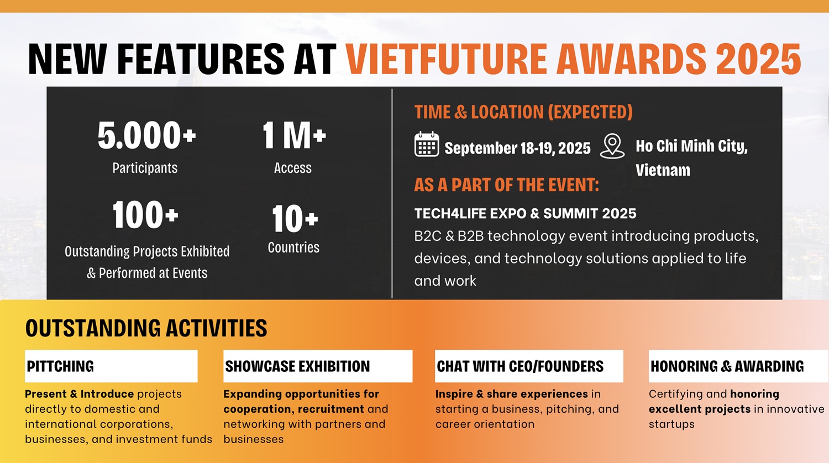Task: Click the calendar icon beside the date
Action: [x=427, y=144]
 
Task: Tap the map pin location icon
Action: [x=612, y=146]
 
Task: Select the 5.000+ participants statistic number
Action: [x=146, y=135]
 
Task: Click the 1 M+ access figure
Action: [x=294, y=135]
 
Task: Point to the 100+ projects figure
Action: [x=145, y=215]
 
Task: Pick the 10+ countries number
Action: [x=295, y=218]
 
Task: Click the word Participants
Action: [x=145, y=168]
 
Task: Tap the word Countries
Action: [x=293, y=247]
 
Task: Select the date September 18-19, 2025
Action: [x=517, y=148]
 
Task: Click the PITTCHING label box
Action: [x=111, y=366]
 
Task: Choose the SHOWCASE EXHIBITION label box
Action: [x=318, y=366]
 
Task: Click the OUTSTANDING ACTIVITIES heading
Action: [x=146, y=328]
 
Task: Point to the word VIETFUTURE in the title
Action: [x=446, y=59]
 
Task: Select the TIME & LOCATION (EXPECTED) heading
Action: [x=523, y=112]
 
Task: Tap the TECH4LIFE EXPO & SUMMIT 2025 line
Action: [x=525, y=214]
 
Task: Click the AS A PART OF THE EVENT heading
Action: [x=507, y=185]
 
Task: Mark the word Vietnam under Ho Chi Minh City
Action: [x=663, y=170]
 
